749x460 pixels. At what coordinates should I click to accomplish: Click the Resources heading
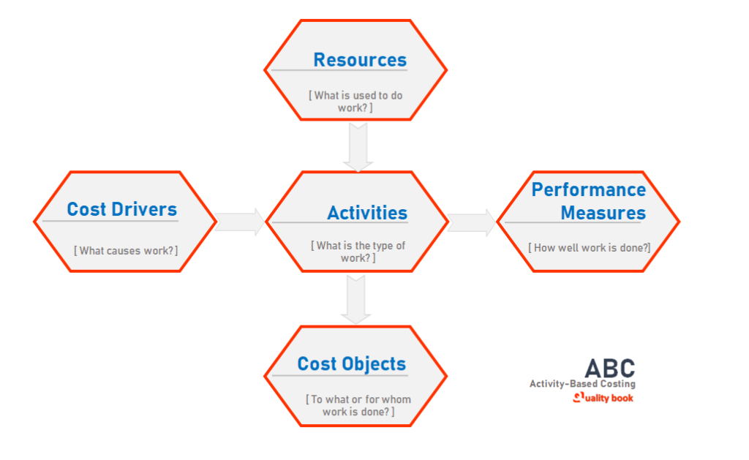pos(360,59)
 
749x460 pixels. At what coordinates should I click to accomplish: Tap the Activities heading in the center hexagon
pos(366,213)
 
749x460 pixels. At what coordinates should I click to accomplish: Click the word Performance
pos(588,189)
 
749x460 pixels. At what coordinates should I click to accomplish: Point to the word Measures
pos(603,213)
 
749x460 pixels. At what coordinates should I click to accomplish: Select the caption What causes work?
pos(125,250)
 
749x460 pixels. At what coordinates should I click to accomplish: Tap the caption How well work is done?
pos(589,247)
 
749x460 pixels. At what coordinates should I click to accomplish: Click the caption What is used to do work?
pos(355,101)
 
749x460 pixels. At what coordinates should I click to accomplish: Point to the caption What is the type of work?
pos(358,252)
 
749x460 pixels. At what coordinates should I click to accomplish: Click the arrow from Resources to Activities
pos(358,146)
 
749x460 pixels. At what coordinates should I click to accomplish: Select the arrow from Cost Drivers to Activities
pos(240,222)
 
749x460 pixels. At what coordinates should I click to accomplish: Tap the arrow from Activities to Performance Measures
pos(473,222)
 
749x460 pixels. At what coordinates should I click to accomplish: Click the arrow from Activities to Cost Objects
pos(356,299)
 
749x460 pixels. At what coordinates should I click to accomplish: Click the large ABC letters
pos(609,368)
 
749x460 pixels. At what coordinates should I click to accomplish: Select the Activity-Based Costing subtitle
pos(582,384)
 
